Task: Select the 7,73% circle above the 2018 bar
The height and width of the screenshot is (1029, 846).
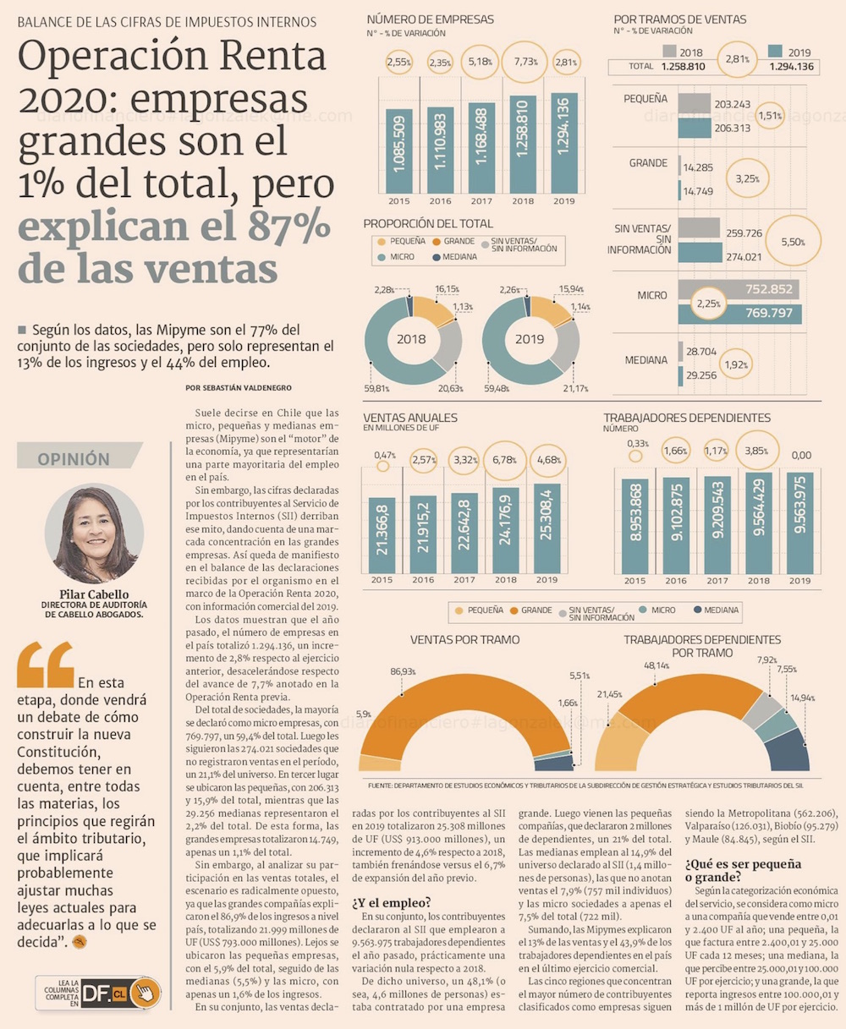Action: (524, 62)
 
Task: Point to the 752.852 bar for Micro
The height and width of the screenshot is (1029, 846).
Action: (739, 290)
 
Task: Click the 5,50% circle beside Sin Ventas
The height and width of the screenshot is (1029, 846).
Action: (793, 241)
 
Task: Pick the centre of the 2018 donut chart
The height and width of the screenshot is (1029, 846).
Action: (413, 339)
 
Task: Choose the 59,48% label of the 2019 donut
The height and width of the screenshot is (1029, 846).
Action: (497, 389)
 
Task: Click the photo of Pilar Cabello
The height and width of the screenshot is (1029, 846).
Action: (94, 534)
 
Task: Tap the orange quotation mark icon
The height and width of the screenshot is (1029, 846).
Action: (45, 665)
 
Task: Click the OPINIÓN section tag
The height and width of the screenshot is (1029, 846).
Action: (74, 459)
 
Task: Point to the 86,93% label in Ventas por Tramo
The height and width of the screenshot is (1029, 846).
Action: (403, 670)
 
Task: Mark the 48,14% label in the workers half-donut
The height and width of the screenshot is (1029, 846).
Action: (656, 665)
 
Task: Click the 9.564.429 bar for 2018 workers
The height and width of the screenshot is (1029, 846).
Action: (758, 523)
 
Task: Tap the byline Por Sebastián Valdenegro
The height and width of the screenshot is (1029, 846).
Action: (239, 387)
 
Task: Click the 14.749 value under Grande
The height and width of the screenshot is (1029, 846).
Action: (698, 191)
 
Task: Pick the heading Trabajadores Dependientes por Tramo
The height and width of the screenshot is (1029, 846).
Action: (702, 646)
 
